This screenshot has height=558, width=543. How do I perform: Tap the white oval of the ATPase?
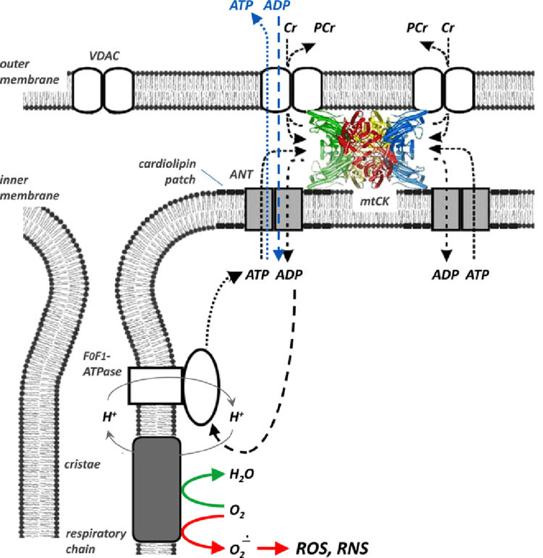tap(201, 386)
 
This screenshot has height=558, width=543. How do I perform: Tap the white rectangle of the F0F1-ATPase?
tap(155, 385)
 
